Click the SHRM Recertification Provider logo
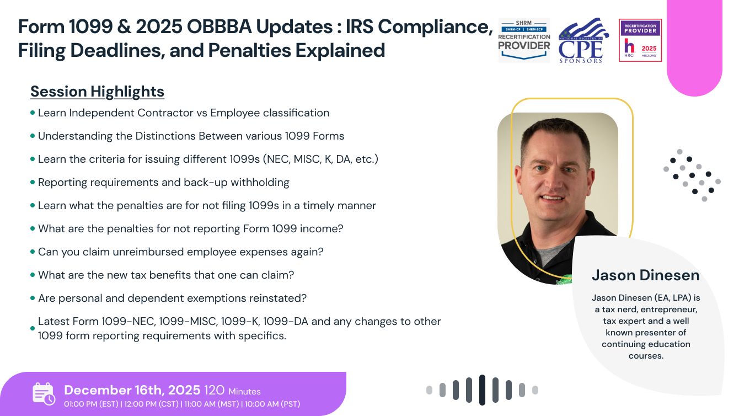(524, 40)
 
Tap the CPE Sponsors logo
(583, 40)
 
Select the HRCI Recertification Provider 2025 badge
(640, 40)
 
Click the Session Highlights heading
(97, 92)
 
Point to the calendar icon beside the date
(44, 393)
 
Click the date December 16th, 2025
(132, 391)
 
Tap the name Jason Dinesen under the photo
(645, 275)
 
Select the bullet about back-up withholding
(163, 182)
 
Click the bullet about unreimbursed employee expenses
(180, 252)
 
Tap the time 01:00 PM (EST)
(92, 404)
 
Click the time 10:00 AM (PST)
(272, 404)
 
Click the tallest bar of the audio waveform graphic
(482, 390)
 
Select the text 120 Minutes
(232, 391)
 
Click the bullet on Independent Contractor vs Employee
(183, 113)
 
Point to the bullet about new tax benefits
(166, 275)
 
